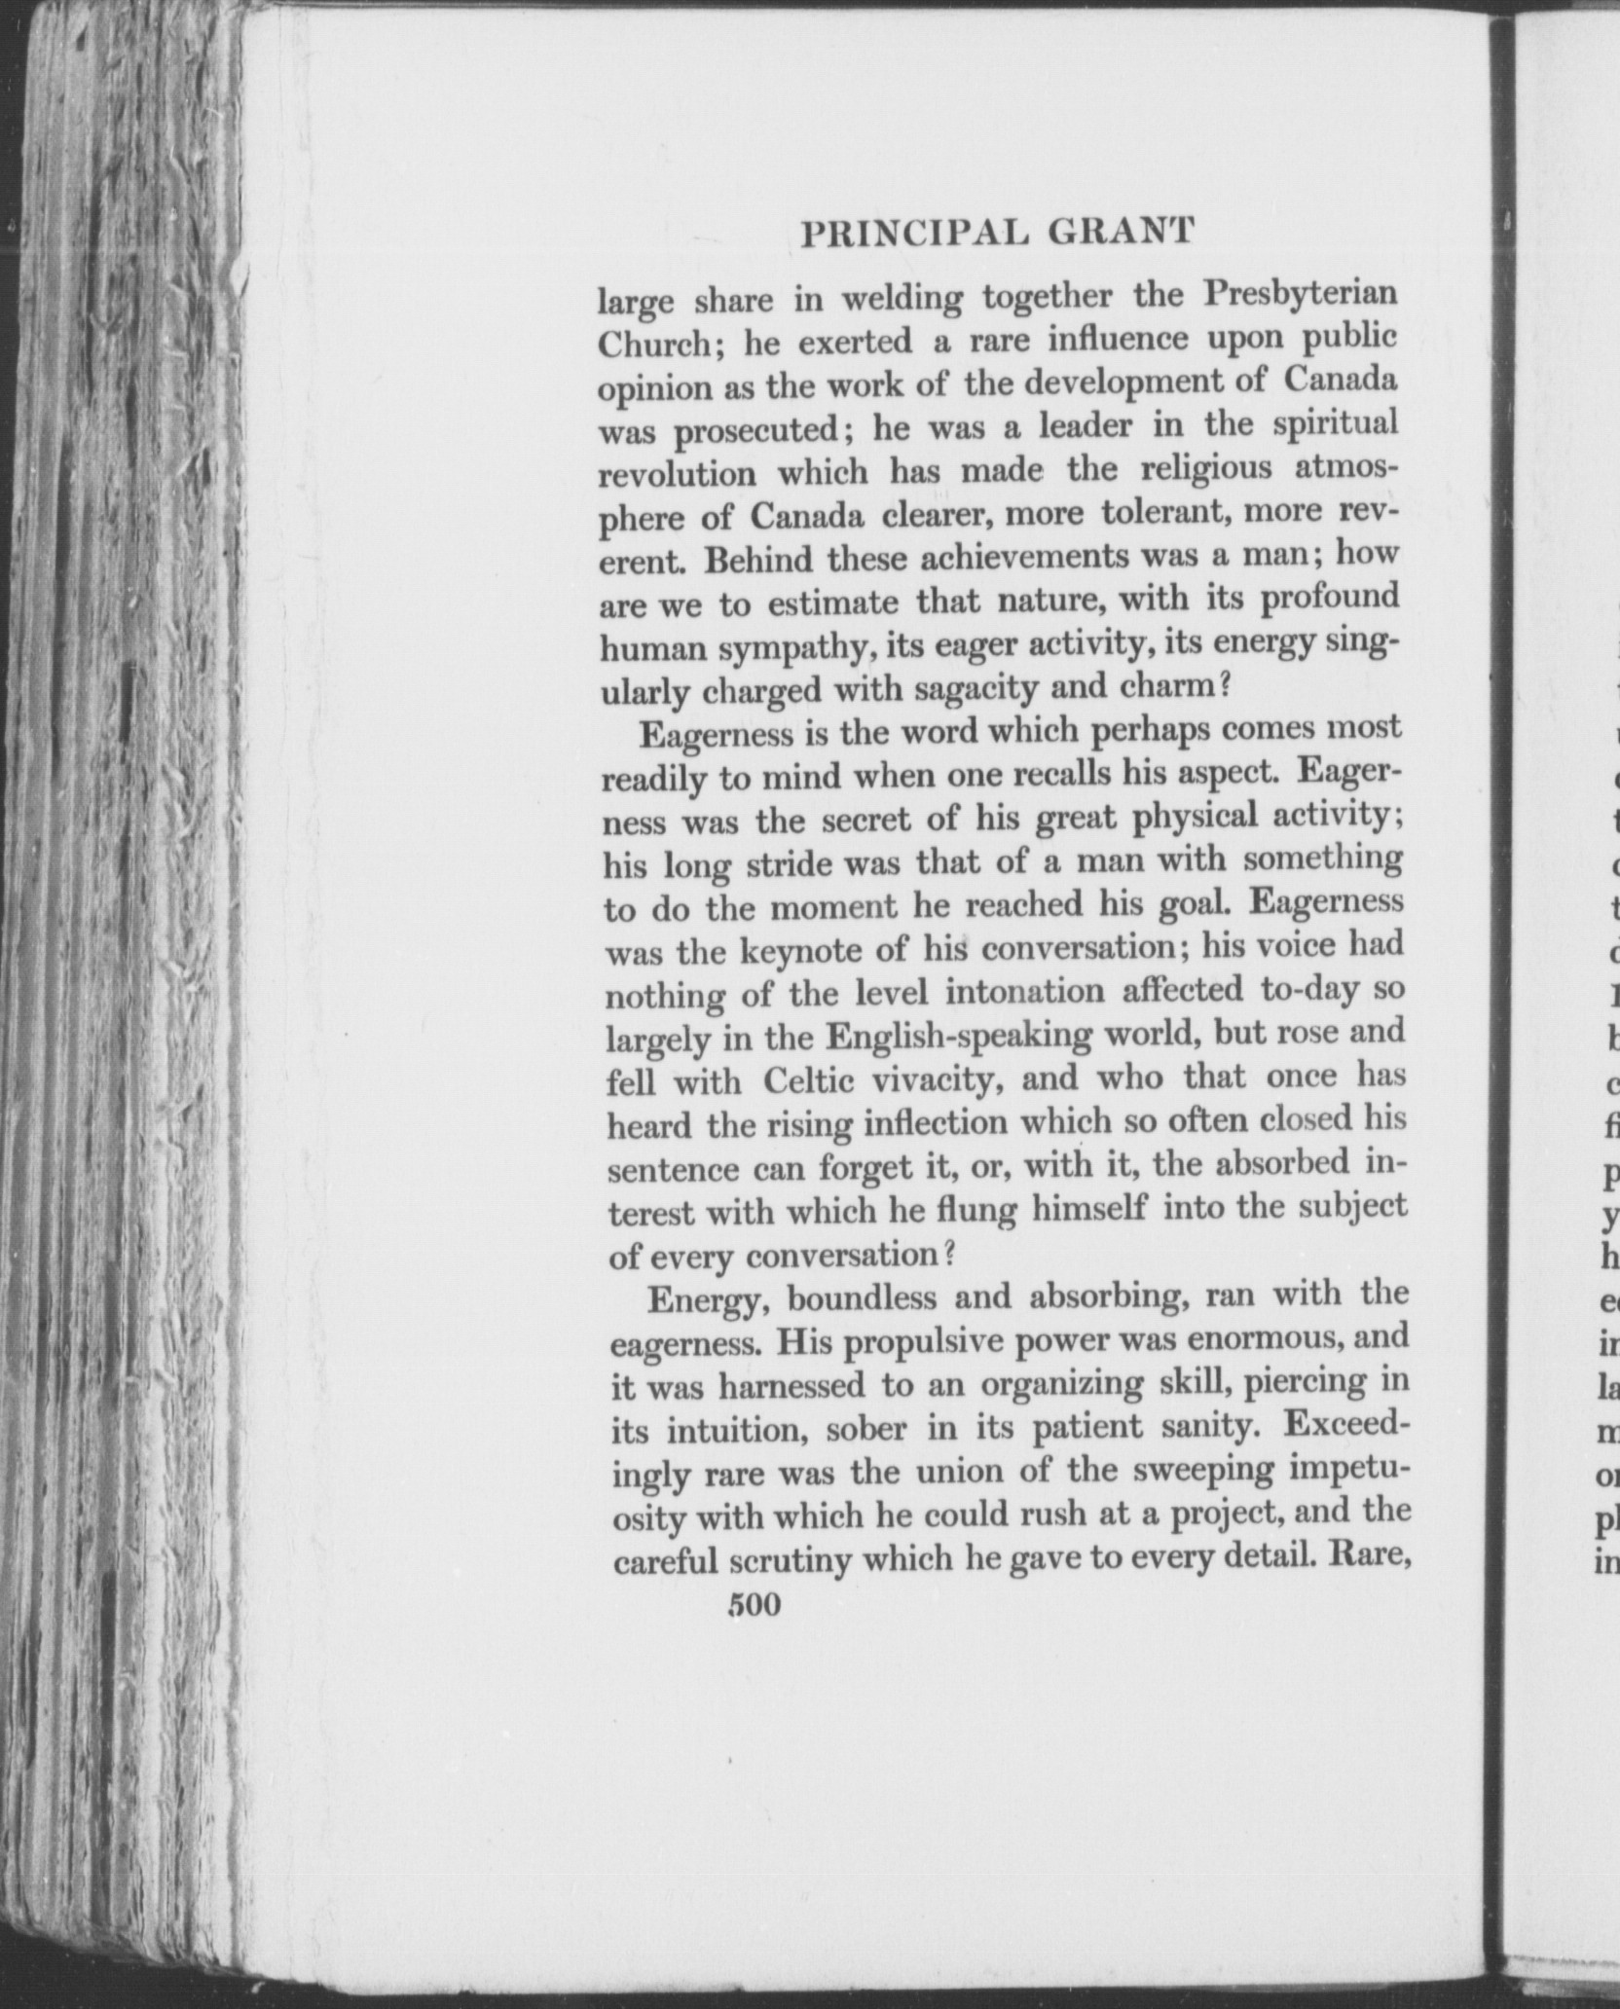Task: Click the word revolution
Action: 677,474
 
